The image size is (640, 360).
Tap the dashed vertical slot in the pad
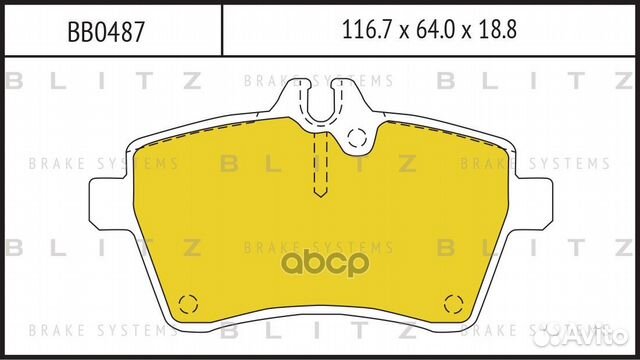click(x=320, y=165)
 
